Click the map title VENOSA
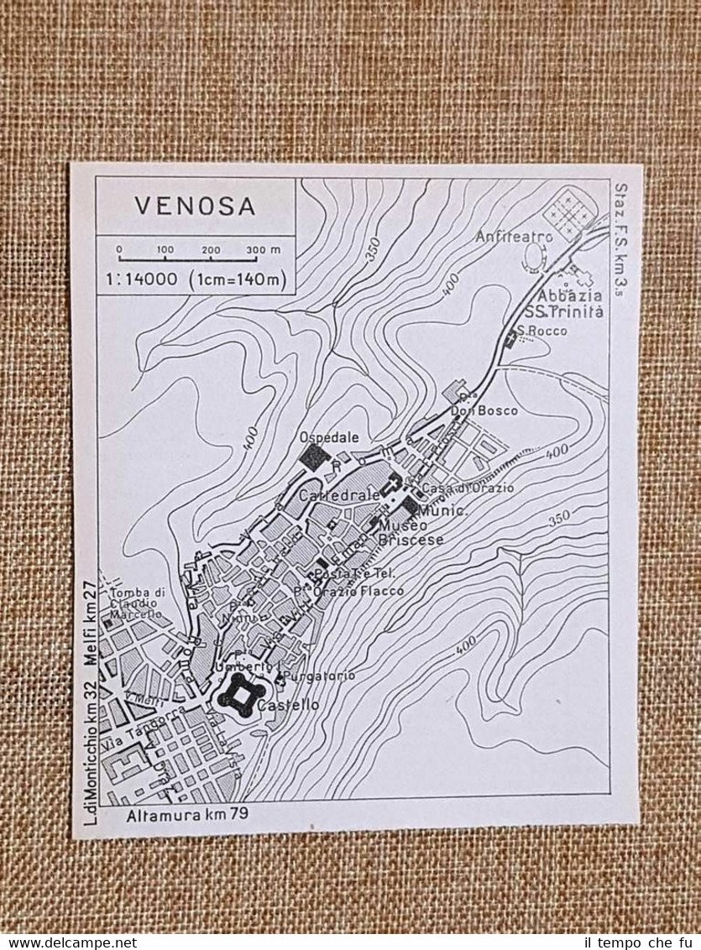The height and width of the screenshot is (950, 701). [194, 206]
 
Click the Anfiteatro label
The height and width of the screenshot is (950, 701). [514, 237]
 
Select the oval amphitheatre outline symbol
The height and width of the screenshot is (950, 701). [533, 257]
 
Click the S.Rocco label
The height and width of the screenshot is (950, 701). [542, 331]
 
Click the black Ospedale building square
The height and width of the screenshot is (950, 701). [314, 457]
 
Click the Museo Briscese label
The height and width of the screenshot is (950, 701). [409, 533]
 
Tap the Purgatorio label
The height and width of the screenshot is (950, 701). [319, 676]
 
